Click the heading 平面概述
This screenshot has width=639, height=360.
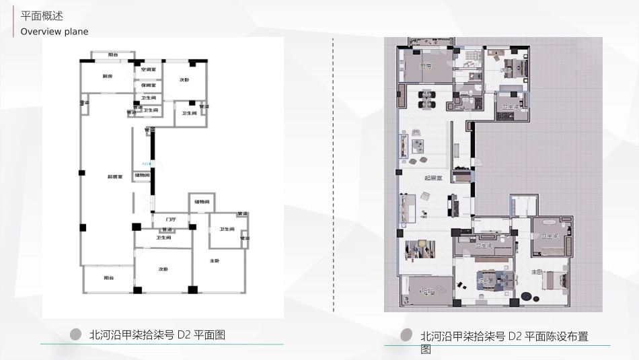click(42, 16)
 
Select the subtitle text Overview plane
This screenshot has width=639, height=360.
click(54, 32)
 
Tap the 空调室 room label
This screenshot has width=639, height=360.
click(149, 69)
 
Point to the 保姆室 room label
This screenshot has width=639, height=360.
click(149, 85)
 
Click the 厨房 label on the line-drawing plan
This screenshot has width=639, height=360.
click(108, 77)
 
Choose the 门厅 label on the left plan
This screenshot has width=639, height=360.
click(170, 219)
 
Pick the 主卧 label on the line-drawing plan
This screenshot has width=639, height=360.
click(215, 260)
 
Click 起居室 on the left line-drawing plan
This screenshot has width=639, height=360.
click(114, 177)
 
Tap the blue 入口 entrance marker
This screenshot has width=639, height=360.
click(147, 164)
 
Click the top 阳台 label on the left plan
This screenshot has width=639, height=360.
click(113, 55)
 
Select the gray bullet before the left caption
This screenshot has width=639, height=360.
click(76, 334)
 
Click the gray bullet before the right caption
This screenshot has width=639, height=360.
click(406, 334)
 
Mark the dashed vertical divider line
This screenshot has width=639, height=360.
click(334, 175)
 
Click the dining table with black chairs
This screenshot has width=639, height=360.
click(426, 99)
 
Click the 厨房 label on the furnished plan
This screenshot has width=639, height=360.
click(425, 66)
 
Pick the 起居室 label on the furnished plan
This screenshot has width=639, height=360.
click(433, 178)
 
